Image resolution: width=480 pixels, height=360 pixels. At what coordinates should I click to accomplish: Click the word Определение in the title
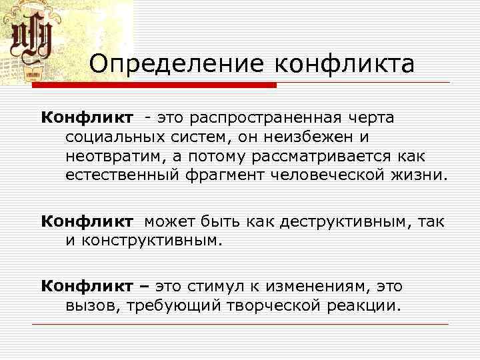[x=175, y=65]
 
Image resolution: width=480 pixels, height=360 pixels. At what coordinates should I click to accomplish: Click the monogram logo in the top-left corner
[x=37, y=41]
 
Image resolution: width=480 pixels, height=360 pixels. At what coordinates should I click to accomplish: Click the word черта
[x=370, y=118]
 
